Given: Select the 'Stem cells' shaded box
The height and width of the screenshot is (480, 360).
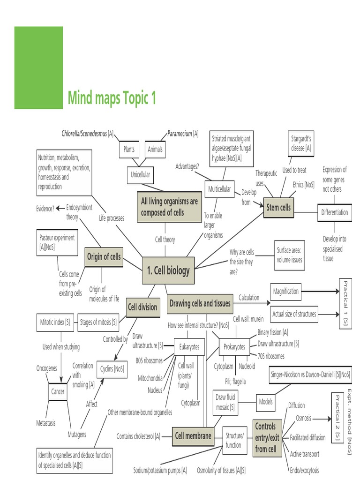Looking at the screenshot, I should pyautogui.click(x=278, y=207).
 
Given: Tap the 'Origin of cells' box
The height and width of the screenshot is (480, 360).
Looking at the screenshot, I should pyautogui.click(x=104, y=256).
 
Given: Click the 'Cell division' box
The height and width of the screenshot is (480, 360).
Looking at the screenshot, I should pyautogui.click(x=142, y=307).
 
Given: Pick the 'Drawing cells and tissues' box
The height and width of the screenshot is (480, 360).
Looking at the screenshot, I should pyautogui.click(x=200, y=303).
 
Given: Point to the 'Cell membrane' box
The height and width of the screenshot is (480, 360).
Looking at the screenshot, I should pyautogui.click(x=193, y=435).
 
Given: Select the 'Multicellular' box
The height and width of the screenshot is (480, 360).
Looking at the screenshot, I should pyautogui.click(x=219, y=189).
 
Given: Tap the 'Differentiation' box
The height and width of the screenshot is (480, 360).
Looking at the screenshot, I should pyautogui.click(x=334, y=212).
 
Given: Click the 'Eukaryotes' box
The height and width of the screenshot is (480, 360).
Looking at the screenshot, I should pyautogui.click(x=189, y=347).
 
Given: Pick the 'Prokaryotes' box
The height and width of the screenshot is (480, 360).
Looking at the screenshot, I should pyautogui.click(x=233, y=347).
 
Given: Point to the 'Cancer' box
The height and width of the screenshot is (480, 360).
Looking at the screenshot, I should pyautogui.click(x=58, y=391).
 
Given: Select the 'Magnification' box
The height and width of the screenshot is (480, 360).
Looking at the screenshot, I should pyautogui.click(x=285, y=291).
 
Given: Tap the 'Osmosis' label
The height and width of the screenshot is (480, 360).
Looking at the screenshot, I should pyautogui.click(x=305, y=418).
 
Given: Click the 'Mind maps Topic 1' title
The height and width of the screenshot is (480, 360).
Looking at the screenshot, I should pyautogui.click(x=112, y=98).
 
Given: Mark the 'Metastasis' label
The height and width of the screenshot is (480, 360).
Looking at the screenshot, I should pyautogui.click(x=46, y=423).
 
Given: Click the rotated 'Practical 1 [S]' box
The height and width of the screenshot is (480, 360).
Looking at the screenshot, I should pyautogui.click(x=345, y=303).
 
